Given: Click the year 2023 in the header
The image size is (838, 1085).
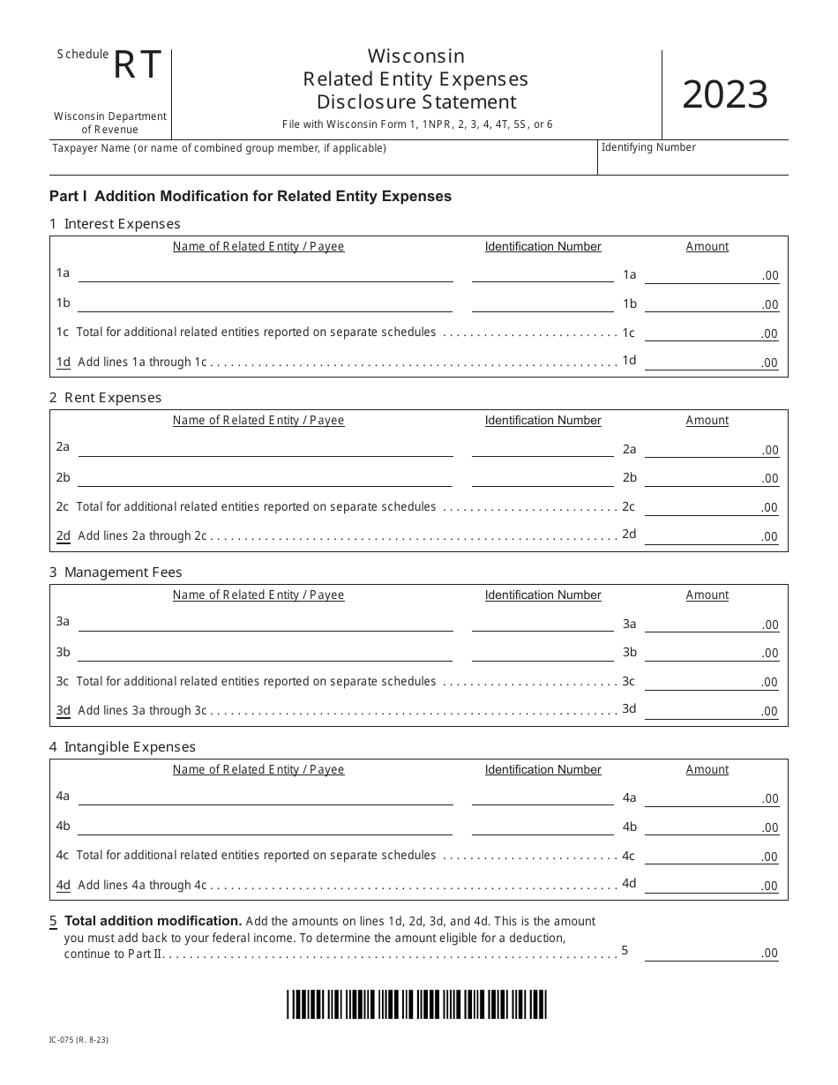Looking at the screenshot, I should click(724, 95).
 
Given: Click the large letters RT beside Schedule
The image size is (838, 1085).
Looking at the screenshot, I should click(138, 66).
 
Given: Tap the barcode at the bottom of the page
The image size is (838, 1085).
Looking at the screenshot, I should click(416, 1004).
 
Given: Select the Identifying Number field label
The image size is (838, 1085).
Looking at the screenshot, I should click(648, 147).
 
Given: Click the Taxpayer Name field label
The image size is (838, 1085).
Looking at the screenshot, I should click(219, 148).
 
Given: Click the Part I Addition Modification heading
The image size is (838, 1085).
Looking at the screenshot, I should click(251, 196).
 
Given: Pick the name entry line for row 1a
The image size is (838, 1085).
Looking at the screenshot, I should click(266, 274).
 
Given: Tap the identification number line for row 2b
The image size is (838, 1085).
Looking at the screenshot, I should click(542, 478).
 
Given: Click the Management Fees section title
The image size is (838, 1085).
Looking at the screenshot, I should click(116, 572).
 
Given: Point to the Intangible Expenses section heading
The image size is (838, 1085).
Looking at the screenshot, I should click(123, 747).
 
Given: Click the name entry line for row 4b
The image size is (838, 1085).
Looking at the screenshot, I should click(266, 827).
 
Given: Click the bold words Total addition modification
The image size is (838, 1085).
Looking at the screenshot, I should click(153, 921).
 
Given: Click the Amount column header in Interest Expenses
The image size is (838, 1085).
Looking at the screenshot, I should click(707, 247).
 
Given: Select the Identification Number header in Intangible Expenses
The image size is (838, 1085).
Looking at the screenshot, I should click(542, 770).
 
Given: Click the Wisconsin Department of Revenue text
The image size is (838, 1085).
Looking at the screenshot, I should click(110, 123).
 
